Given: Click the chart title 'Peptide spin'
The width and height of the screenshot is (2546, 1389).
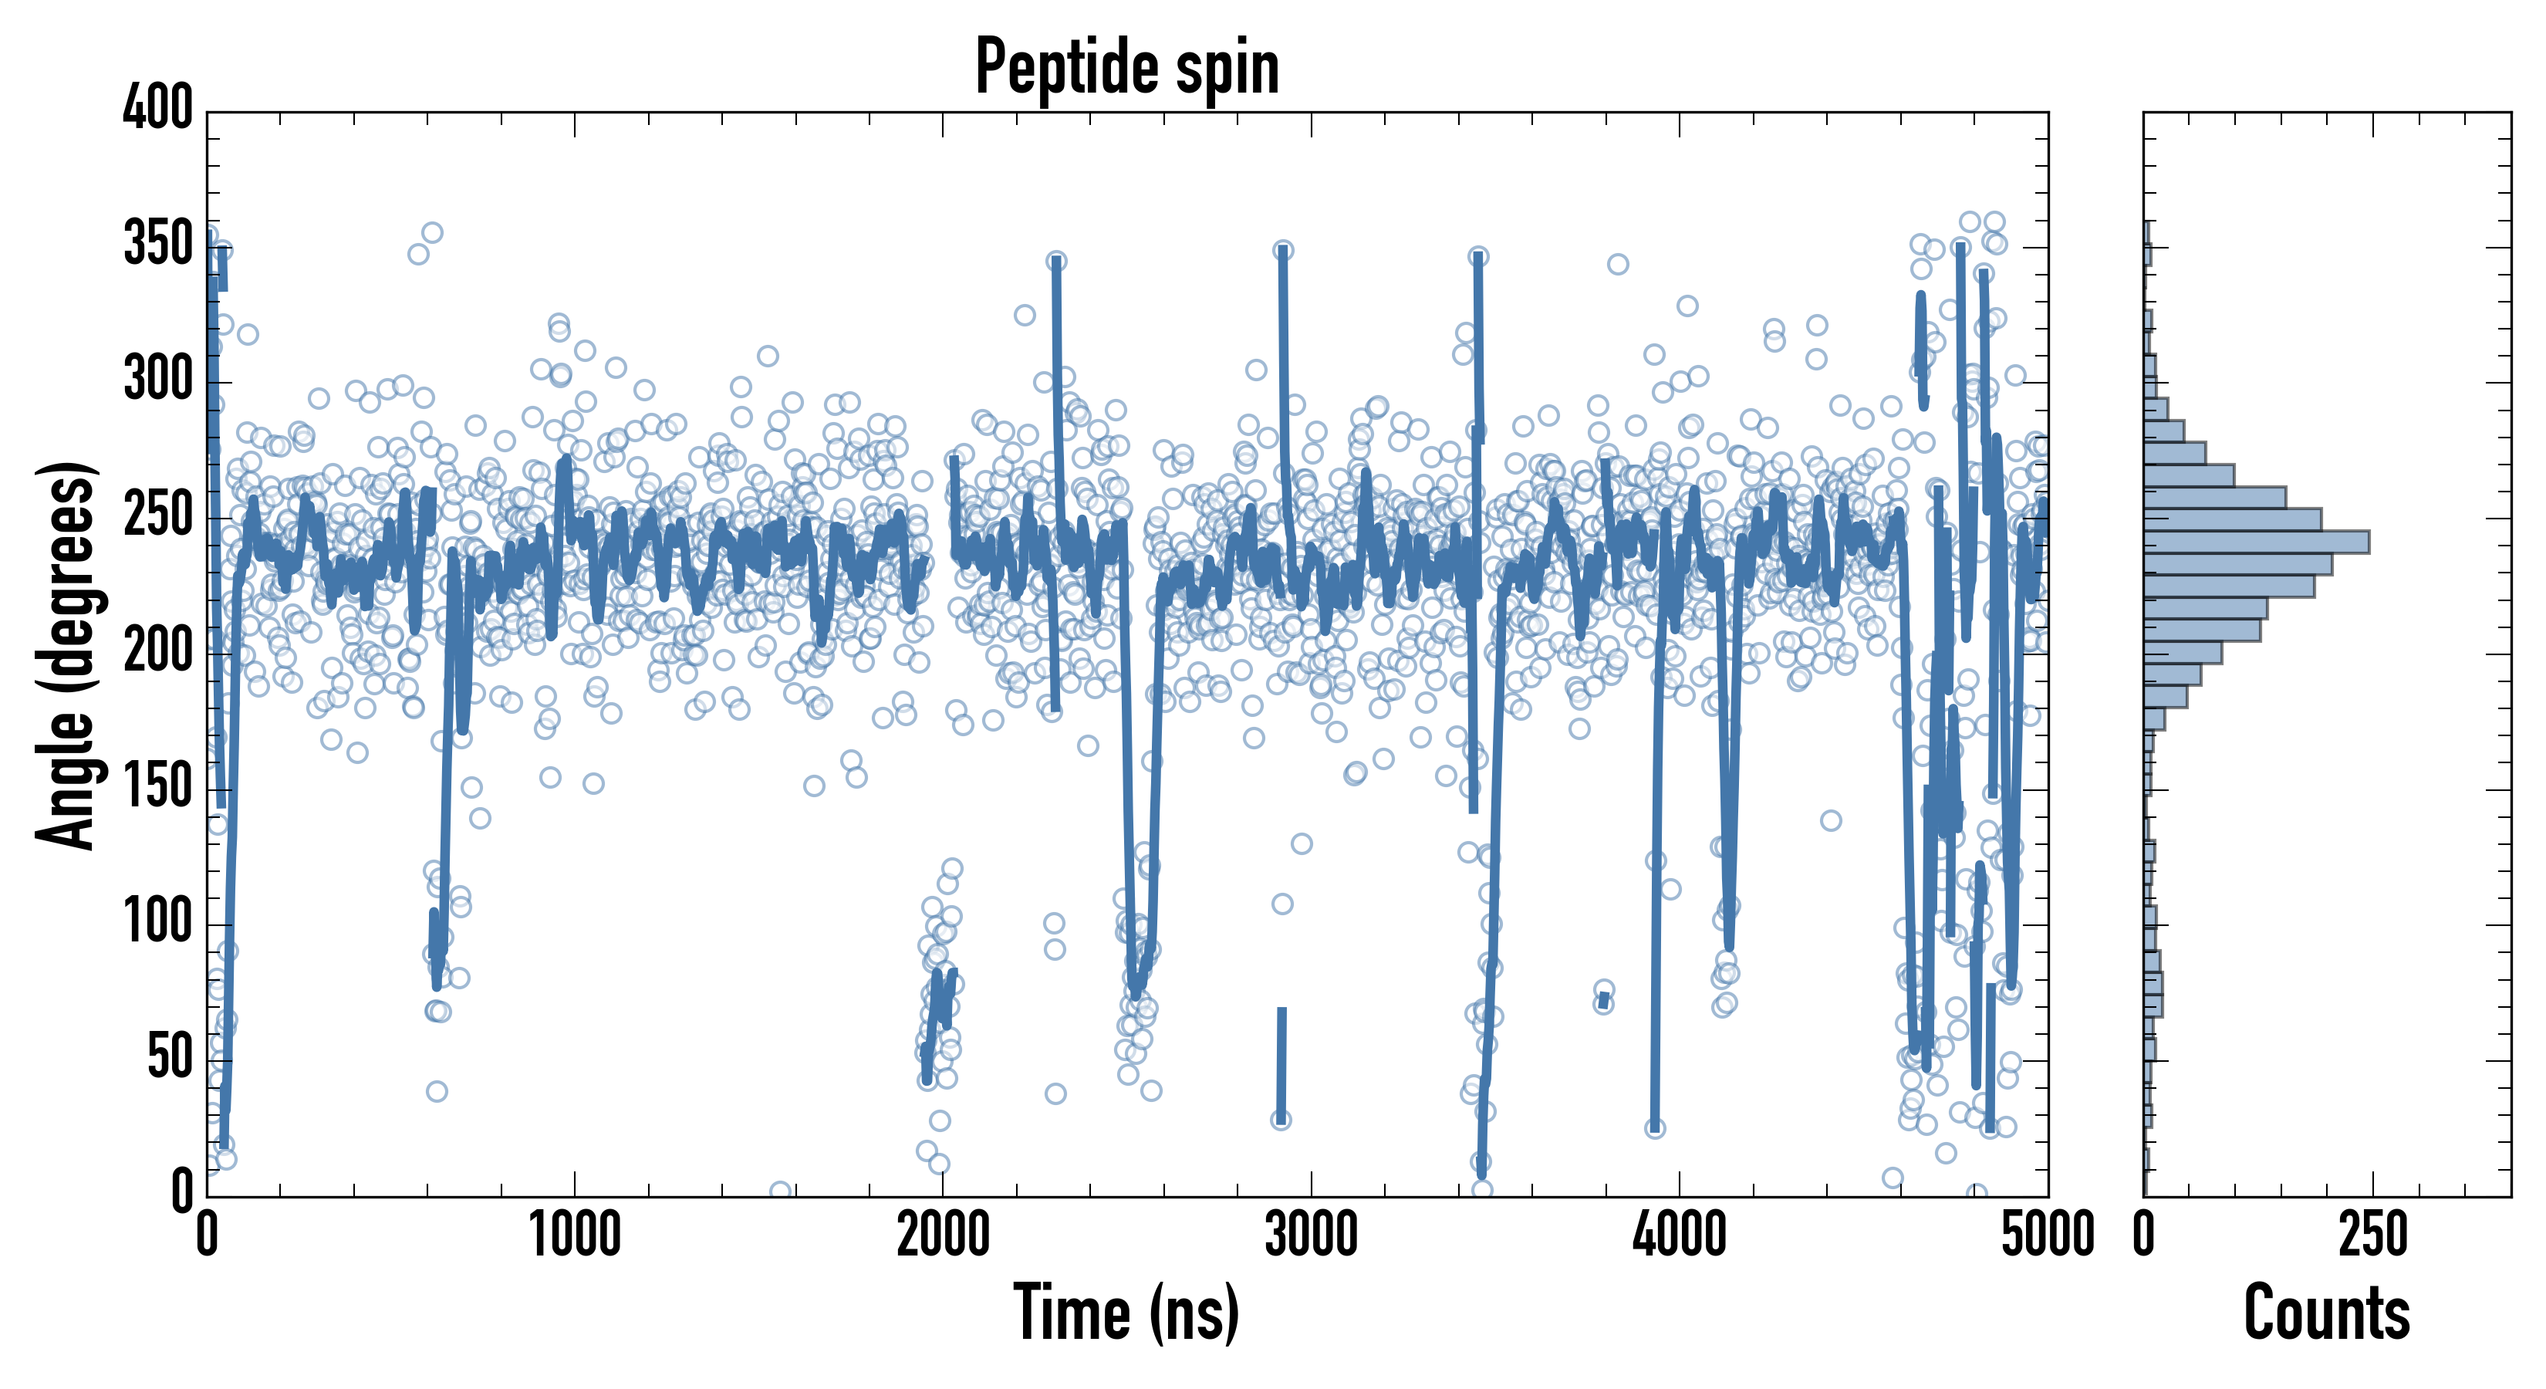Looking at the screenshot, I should [x=1126, y=67].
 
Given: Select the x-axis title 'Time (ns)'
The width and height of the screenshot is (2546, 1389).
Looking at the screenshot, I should [x=1126, y=1313].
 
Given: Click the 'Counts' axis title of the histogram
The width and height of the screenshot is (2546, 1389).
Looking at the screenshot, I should [x=2327, y=1313].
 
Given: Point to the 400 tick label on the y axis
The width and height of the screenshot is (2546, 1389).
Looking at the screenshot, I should [x=157, y=108].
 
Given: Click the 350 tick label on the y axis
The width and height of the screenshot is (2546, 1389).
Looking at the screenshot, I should [x=157, y=244].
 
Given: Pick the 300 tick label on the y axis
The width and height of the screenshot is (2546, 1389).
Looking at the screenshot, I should [x=157, y=380].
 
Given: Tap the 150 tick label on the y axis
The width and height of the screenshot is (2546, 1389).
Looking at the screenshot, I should [x=157, y=788].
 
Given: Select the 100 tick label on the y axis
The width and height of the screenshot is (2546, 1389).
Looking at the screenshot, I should [x=157, y=924].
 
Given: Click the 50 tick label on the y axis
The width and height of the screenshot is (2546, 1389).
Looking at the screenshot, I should [x=169, y=1059].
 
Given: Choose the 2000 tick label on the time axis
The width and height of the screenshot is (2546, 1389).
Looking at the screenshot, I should [x=943, y=1235].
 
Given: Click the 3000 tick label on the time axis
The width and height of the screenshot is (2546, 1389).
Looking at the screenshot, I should [x=1312, y=1235].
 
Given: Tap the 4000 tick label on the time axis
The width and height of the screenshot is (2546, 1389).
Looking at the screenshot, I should [x=1680, y=1235].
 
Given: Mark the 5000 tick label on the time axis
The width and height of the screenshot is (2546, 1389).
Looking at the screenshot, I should [x=2047, y=1235].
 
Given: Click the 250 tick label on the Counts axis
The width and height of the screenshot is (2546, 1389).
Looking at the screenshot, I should [x=2372, y=1235].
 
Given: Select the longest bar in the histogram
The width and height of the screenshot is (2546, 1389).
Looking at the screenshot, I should [x=2257, y=542].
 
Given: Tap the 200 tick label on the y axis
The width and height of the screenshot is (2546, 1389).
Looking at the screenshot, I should [x=157, y=651].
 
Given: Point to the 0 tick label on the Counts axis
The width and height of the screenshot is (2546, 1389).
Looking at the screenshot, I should [x=2144, y=1235].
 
